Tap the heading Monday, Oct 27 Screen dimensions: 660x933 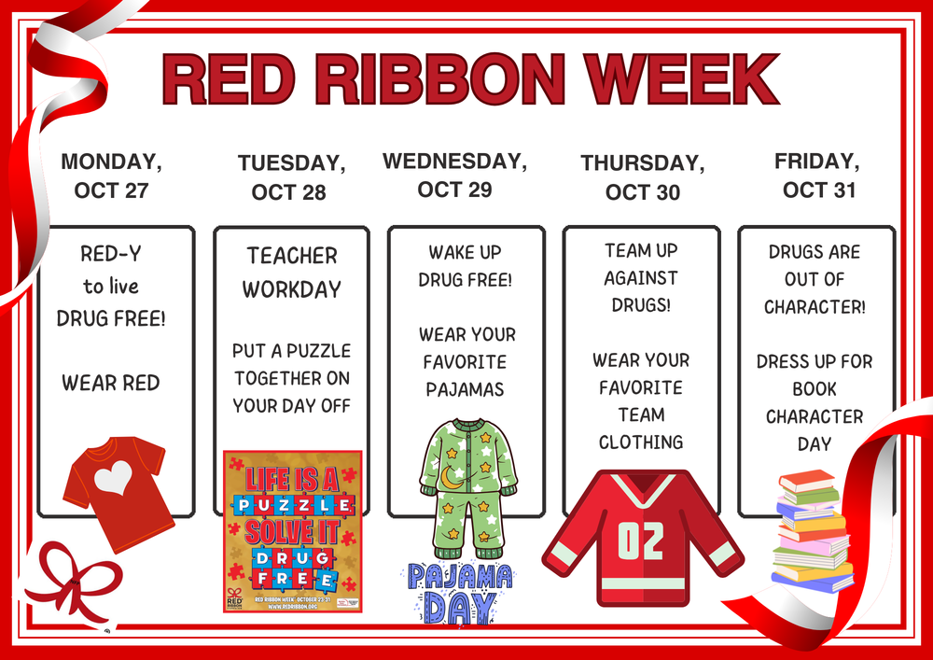click(x=111, y=176)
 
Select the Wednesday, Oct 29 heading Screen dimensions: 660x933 click(x=454, y=175)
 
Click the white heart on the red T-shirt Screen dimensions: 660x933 click(x=113, y=478)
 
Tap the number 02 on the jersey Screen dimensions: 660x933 click(x=641, y=541)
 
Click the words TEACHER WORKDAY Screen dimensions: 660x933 click(x=292, y=272)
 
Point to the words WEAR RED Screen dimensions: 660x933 click(x=111, y=383)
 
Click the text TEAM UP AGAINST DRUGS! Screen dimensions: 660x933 click(x=641, y=277)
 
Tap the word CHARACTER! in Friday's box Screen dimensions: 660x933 click(x=815, y=306)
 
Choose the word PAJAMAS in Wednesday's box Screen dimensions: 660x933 click(x=466, y=388)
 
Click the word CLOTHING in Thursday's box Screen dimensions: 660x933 click(x=641, y=442)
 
